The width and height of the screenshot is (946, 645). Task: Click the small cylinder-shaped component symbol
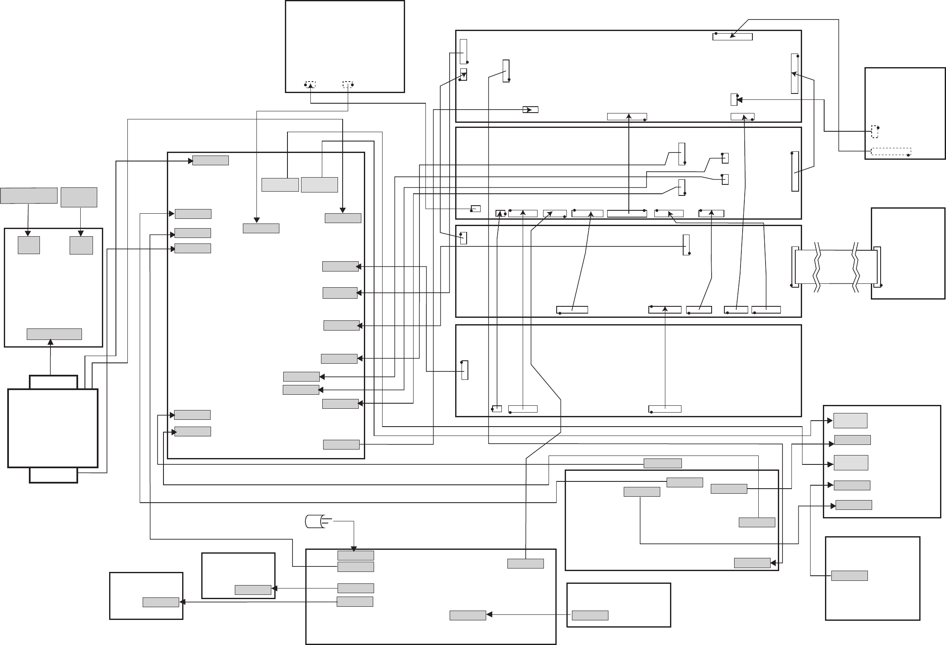click(x=314, y=521)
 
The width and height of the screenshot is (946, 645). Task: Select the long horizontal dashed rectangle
click(x=891, y=152)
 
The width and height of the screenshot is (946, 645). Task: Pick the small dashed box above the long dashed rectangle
click(x=875, y=131)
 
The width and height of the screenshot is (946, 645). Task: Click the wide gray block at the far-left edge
click(x=29, y=195)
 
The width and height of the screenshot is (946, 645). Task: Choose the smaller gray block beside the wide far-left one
click(x=79, y=197)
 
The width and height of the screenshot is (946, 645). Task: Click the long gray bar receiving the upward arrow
click(x=54, y=334)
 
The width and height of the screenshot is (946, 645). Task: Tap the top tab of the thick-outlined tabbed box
click(x=53, y=382)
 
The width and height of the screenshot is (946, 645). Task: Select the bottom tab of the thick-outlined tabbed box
click(x=53, y=475)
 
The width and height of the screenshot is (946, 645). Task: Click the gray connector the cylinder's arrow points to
click(x=355, y=555)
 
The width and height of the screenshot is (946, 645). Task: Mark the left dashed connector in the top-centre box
click(x=311, y=84)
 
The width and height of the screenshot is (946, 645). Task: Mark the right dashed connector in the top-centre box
click(x=348, y=84)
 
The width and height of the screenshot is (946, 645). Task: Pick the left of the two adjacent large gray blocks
click(x=280, y=185)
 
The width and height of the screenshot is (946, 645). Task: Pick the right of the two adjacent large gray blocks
click(x=319, y=185)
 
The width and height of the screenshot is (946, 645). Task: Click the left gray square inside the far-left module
click(x=29, y=245)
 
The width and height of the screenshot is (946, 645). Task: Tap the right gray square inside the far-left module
click(x=81, y=245)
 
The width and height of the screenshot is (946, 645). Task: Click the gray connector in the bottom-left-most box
click(x=160, y=602)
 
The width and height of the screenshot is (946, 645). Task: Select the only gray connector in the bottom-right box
click(x=849, y=576)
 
